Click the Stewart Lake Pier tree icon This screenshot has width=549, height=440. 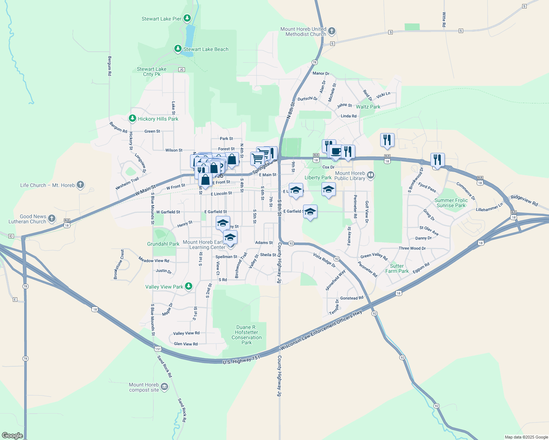pyautogui.click(x=187, y=18)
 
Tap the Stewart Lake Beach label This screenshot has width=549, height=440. pyautogui.click(x=206, y=49)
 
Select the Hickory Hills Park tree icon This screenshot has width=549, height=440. pyautogui.click(x=132, y=118)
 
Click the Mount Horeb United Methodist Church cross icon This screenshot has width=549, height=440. pyautogui.click(x=332, y=31)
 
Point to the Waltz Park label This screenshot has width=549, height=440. pyautogui.click(x=368, y=107)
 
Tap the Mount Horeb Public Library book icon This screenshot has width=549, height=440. pyautogui.click(x=371, y=175)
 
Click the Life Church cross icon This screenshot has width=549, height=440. pyautogui.click(x=80, y=185)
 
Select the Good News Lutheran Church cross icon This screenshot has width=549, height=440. pyautogui.click(x=52, y=219)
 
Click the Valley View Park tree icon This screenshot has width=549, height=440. pyautogui.click(x=189, y=286)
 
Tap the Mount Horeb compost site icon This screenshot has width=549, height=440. pyautogui.click(x=164, y=387)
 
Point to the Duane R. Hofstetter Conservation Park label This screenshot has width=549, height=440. pyautogui.click(x=247, y=335)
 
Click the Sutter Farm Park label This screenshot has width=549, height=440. pyautogui.click(x=397, y=268)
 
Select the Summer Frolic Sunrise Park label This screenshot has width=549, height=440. pyautogui.click(x=451, y=203)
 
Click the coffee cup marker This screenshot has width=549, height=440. pyautogui.click(x=335, y=151)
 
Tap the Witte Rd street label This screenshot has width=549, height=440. pyautogui.click(x=444, y=19)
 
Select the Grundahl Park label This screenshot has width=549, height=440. pyautogui.click(x=163, y=244)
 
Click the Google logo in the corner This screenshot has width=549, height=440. pyautogui.click(x=12, y=436)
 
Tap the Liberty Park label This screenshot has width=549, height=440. pyautogui.click(x=318, y=177)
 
